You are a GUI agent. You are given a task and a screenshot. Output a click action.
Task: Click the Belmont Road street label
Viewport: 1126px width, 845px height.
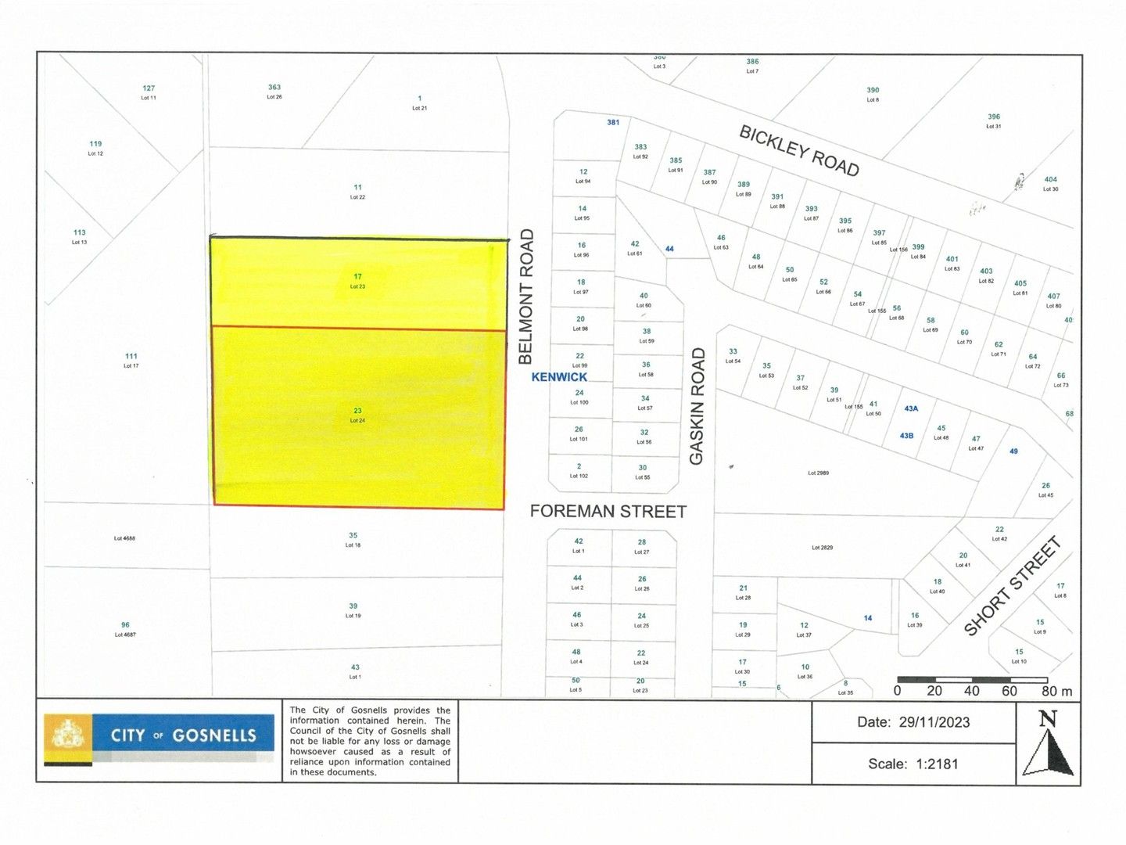point(525,297)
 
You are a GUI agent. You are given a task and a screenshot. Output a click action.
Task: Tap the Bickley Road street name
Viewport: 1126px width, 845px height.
point(799,151)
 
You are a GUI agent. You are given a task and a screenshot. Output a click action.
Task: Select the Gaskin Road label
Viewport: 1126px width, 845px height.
point(697,407)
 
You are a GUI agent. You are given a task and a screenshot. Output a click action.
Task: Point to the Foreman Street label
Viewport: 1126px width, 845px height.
point(608,512)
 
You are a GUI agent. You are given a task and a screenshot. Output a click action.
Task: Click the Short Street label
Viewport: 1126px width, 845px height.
point(1012,586)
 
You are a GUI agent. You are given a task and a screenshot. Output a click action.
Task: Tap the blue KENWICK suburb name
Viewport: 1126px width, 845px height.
point(559,377)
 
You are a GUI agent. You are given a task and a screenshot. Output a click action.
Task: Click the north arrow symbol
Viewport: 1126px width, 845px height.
point(1049,744)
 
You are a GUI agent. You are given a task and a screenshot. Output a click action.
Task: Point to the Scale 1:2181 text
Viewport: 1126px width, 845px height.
point(913,764)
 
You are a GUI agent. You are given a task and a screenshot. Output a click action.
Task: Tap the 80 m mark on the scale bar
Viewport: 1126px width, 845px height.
point(1056,691)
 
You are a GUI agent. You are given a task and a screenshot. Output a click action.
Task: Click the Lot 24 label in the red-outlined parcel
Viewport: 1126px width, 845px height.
point(357,421)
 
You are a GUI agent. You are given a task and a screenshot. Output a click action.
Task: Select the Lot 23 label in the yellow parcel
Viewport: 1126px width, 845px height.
point(357,286)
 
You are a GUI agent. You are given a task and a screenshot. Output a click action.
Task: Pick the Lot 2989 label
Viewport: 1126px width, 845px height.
point(818,473)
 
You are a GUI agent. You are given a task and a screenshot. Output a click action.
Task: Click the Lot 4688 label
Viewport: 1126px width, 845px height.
point(124,538)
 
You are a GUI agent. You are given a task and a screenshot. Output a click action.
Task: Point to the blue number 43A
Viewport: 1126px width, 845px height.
point(910,408)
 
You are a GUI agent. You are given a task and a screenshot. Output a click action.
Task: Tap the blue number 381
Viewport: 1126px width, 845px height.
point(613,123)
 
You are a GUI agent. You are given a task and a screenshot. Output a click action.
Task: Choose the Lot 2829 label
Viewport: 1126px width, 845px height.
point(821,548)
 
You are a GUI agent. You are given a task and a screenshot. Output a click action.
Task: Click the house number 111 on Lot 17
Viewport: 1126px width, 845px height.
point(131,356)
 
